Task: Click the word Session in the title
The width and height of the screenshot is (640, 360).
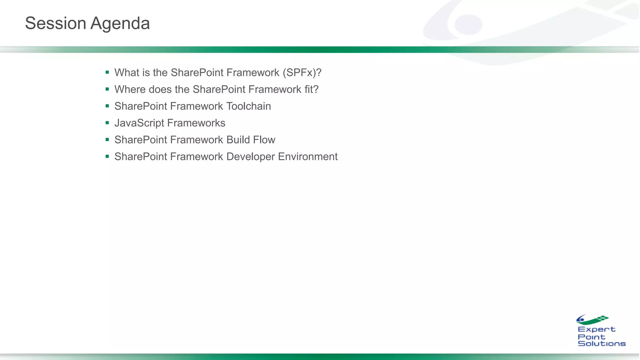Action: [x=55, y=23]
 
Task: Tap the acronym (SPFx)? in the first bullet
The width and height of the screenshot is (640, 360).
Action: [x=302, y=73]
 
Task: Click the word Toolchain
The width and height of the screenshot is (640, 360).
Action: [x=248, y=106]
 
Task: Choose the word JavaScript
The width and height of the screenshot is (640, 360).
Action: [x=139, y=123]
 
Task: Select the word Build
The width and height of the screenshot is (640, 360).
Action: [x=238, y=140]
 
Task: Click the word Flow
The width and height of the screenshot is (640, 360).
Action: [x=264, y=140]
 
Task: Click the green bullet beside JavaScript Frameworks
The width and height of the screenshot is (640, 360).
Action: [x=107, y=123]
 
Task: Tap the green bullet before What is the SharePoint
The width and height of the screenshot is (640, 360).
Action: [x=107, y=72]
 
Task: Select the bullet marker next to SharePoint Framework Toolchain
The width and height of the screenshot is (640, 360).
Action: [x=107, y=106]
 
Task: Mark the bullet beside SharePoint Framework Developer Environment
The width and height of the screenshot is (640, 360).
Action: [x=107, y=156]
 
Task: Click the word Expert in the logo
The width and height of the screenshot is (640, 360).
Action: [x=596, y=330]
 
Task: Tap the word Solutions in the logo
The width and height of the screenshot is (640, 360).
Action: [x=602, y=343]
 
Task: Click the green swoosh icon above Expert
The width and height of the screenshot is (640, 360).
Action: [x=592, y=320]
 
